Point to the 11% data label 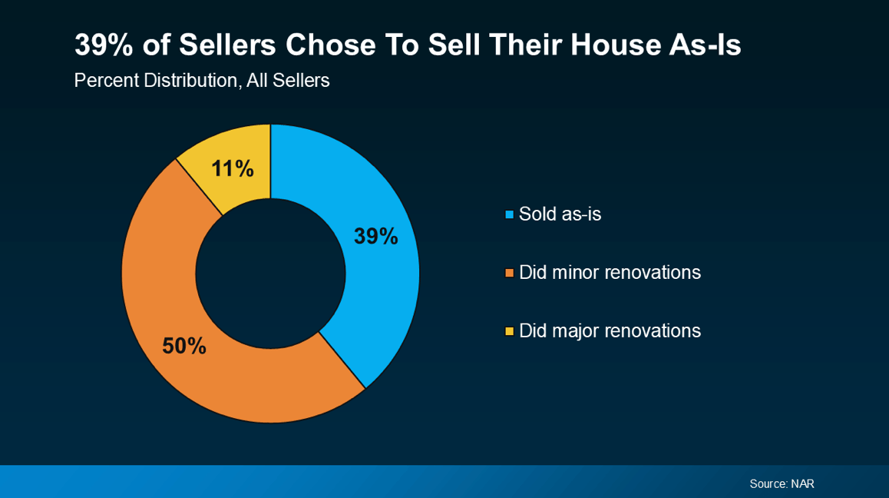pyautogui.click(x=233, y=168)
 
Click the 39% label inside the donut pyautogui.click(x=376, y=236)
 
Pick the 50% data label pyautogui.click(x=184, y=346)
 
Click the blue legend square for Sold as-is pyautogui.click(x=509, y=214)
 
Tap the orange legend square pyautogui.click(x=509, y=273)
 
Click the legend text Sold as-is pyautogui.click(x=560, y=214)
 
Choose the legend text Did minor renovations pyautogui.click(x=610, y=273)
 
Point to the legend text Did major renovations pyautogui.click(x=610, y=331)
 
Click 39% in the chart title pyautogui.click(x=104, y=45)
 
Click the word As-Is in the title pyautogui.click(x=705, y=45)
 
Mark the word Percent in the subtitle pyautogui.click(x=107, y=80)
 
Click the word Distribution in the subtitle pyautogui.click(x=190, y=80)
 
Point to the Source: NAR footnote pyautogui.click(x=782, y=484)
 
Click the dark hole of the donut pyautogui.click(x=270, y=273)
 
